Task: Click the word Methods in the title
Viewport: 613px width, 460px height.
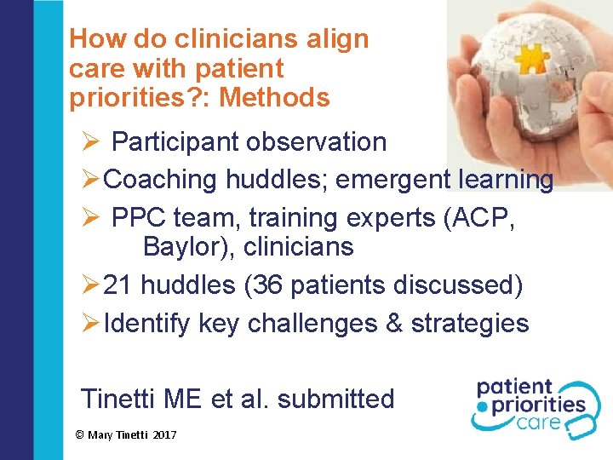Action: pyautogui.click(x=274, y=98)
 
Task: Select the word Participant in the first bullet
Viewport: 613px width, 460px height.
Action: pyautogui.click(x=175, y=141)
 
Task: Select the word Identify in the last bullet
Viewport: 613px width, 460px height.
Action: pyautogui.click(x=147, y=324)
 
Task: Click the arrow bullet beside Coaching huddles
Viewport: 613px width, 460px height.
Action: pyautogui.click(x=90, y=180)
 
